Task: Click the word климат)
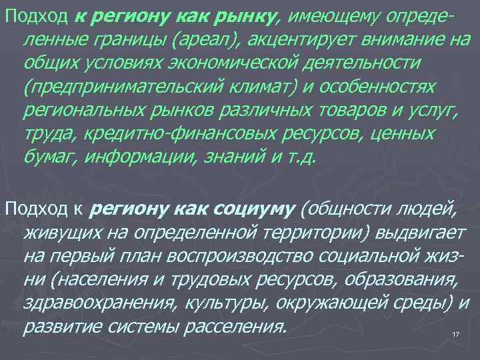pyautogui.click(x=257, y=88)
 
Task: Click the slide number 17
pyautogui.click(x=456, y=334)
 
